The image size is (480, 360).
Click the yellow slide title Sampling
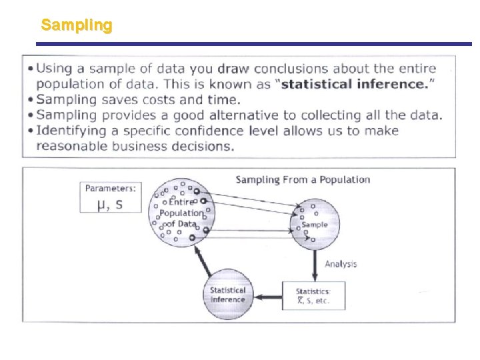[x=77, y=25]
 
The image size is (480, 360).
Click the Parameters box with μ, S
[x=111, y=197]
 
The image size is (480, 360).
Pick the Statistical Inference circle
[x=228, y=294]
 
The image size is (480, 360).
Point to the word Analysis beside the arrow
[x=341, y=264]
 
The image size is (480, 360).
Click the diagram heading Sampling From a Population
[x=303, y=180]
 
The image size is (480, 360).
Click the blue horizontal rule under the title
[x=253, y=44]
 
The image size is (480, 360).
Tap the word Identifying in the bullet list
[x=69, y=130]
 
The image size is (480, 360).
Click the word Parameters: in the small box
[x=111, y=189]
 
